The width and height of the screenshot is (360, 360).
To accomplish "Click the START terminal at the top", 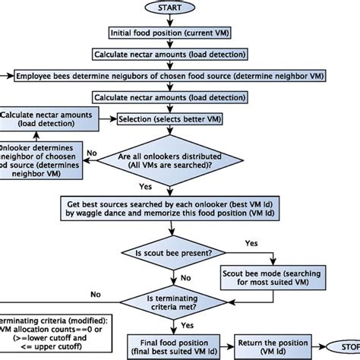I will click(171, 8).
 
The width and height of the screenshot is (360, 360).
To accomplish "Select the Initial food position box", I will click(171, 33).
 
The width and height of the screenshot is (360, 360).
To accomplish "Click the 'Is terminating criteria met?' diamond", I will click(171, 305).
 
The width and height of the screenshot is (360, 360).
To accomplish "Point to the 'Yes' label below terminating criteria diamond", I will click(184, 325).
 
